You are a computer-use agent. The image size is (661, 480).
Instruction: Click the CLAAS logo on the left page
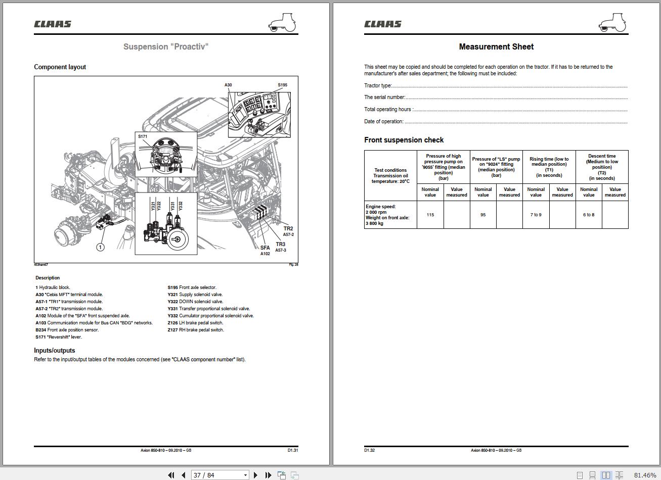[x=53, y=24]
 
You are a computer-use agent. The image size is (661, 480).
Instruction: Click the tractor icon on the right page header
[x=612, y=22]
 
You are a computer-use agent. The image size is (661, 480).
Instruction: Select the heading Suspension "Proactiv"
[x=166, y=46]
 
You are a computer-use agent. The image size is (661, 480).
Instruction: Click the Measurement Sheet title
[x=496, y=46]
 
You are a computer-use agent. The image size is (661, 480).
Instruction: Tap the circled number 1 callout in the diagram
[x=100, y=247]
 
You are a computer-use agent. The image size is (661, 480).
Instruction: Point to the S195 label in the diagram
[x=282, y=85]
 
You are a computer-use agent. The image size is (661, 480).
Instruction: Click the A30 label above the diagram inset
[x=228, y=85]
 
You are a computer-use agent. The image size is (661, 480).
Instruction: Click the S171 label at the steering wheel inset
[x=143, y=136]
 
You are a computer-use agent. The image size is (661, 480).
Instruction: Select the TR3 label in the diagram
[x=280, y=245]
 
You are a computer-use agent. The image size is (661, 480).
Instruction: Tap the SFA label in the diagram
[x=265, y=248]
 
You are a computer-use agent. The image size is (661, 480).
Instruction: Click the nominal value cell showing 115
[x=430, y=215]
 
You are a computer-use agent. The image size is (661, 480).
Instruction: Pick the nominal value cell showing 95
[x=483, y=215]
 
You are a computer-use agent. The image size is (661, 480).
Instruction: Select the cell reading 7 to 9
[x=536, y=215]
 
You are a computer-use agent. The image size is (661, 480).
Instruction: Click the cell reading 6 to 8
[x=589, y=215]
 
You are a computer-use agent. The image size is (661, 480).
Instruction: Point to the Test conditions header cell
[x=390, y=175]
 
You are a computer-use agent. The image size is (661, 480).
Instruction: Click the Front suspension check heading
[x=404, y=140]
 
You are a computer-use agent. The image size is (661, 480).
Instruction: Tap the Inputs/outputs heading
[x=54, y=350]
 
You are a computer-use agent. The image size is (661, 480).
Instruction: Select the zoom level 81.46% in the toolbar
[x=645, y=475]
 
